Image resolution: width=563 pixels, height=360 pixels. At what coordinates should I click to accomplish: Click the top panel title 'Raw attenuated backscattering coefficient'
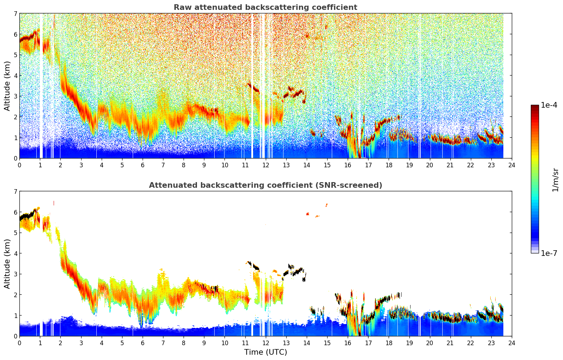(265, 7)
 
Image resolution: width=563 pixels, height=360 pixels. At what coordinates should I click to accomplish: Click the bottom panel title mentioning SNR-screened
(265, 185)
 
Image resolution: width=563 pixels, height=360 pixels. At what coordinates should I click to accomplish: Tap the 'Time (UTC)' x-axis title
(265, 352)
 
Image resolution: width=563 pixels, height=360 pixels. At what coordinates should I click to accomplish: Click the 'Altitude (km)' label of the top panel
(7, 86)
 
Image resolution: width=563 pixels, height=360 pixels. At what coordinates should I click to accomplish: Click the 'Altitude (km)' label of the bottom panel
(7, 264)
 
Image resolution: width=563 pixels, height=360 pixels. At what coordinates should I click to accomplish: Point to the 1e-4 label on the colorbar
(549, 105)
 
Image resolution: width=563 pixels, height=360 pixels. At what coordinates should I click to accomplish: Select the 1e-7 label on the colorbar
(549, 253)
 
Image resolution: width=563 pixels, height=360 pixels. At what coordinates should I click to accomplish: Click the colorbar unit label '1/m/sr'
(555, 180)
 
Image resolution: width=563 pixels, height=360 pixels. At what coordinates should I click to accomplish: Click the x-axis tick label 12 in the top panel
(265, 165)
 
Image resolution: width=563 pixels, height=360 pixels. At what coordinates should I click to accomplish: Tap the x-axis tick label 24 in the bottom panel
(511, 343)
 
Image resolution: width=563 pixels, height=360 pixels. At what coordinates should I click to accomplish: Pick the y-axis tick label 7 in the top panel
(15, 14)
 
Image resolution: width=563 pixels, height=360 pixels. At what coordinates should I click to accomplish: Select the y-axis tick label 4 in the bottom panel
(15, 253)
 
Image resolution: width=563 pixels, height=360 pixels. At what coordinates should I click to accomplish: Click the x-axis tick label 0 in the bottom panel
(19, 343)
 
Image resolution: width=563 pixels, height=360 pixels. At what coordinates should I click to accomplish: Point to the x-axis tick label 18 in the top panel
(389, 165)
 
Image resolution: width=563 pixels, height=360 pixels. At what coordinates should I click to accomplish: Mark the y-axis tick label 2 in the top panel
(15, 117)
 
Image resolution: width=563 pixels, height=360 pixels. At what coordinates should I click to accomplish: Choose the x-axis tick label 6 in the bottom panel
(143, 343)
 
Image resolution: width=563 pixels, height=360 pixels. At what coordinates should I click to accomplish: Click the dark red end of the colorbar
(534, 107)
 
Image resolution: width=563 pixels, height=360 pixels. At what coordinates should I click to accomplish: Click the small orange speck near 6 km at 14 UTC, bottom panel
(308, 214)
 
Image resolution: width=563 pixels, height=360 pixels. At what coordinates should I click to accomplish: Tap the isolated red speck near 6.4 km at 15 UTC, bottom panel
(327, 205)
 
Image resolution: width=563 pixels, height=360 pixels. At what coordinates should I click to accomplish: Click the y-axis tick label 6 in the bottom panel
(15, 212)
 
